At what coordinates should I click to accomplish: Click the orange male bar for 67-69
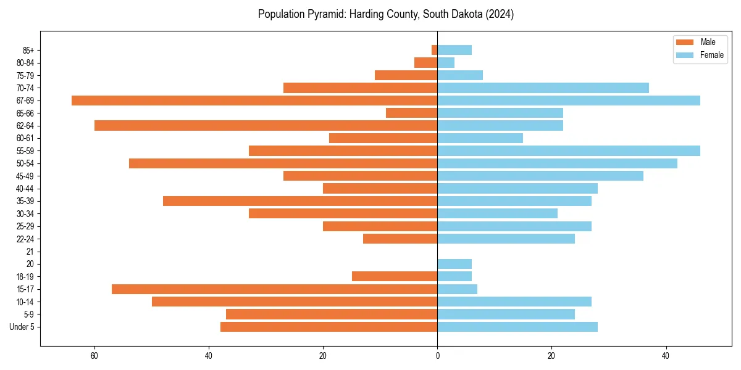(x=254, y=101)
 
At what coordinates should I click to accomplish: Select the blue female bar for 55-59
(x=569, y=150)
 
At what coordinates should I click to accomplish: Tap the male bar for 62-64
(x=266, y=125)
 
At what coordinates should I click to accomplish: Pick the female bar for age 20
(x=454, y=264)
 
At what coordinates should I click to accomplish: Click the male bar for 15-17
(x=274, y=289)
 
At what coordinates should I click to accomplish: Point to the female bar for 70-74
(x=543, y=88)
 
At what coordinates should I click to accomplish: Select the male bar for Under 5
(x=329, y=327)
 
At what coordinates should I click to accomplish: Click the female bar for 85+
(x=454, y=50)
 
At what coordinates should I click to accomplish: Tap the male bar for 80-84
(x=425, y=62)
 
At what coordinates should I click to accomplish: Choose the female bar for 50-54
(x=557, y=163)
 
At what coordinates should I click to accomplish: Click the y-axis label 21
(x=30, y=252)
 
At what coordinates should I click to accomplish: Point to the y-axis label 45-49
(x=25, y=176)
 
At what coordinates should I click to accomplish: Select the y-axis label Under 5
(x=22, y=327)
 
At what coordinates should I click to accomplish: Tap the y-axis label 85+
(x=27, y=50)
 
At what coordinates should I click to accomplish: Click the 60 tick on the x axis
(x=94, y=356)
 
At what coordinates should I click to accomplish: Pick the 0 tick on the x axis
(x=437, y=356)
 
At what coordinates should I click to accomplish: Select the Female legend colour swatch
(x=685, y=55)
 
